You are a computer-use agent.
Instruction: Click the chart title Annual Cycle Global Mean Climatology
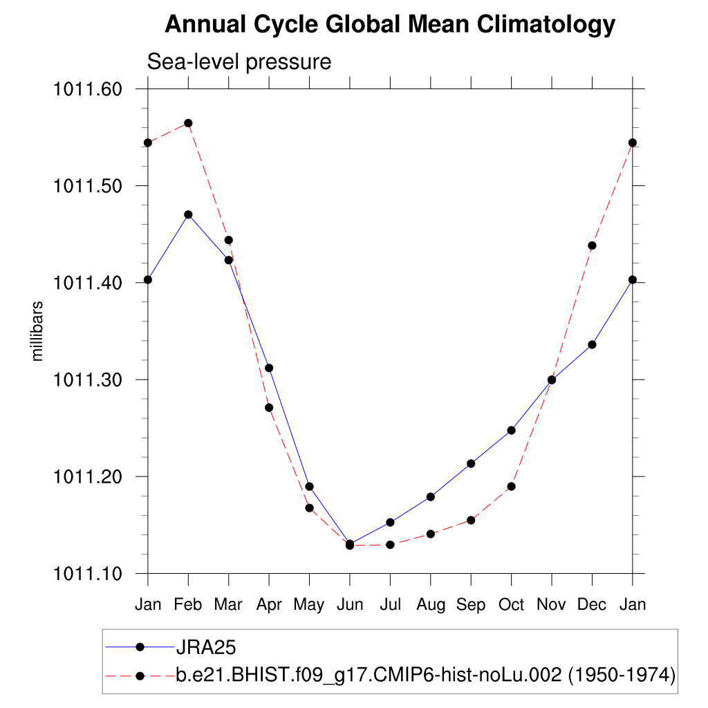coord(390,25)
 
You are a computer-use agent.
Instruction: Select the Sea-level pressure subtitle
coord(239,62)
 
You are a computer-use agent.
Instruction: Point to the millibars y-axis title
coord(38,331)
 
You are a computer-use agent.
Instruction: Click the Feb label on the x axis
coord(188,605)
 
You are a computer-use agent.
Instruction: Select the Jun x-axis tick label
coord(350,605)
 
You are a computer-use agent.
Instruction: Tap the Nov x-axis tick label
coord(552,605)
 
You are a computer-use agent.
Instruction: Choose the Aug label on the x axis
coord(431,605)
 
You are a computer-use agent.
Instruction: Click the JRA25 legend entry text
coord(206,647)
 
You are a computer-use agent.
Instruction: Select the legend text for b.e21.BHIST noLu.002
coord(425,675)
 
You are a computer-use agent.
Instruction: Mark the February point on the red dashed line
coord(188,123)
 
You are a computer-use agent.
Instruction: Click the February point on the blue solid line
coord(188,214)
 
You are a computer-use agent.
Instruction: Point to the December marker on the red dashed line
coord(592,245)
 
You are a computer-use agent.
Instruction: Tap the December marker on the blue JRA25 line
coord(592,344)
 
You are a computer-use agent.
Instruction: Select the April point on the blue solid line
coord(269,368)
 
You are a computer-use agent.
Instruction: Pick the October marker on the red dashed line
coord(512,486)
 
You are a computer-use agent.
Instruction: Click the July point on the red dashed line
coord(390,545)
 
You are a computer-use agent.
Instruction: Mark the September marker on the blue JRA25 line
coord(471,463)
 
